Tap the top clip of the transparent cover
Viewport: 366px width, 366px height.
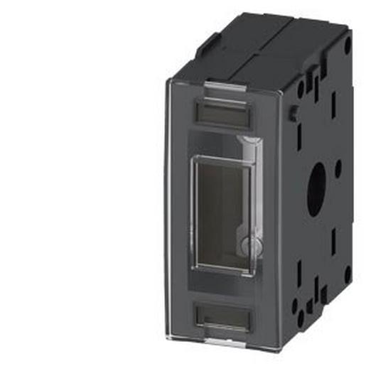[x=222, y=88]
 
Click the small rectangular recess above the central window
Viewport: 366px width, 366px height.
[x=222, y=111]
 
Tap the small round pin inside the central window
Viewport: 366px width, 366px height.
[x=245, y=245]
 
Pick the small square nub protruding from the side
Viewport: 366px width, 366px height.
[x=293, y=113]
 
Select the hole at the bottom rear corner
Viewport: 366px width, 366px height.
[x=347, y=273]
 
